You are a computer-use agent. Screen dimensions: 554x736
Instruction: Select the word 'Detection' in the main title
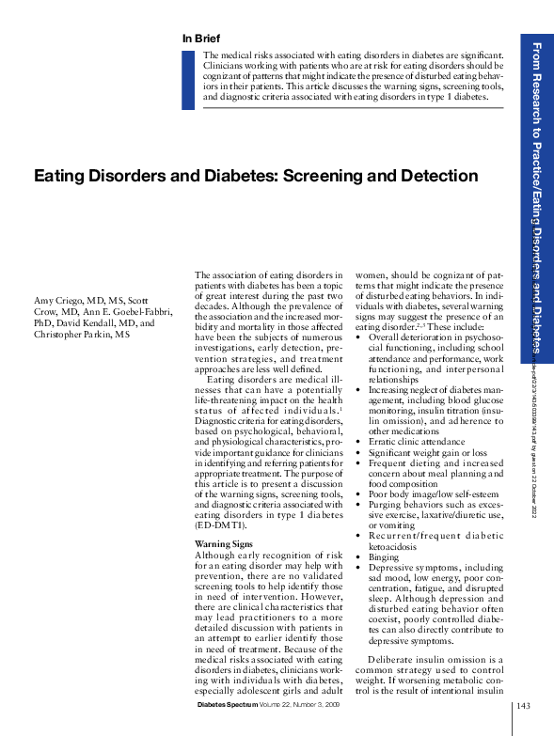pyautogui.click(x=439, y=176)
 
